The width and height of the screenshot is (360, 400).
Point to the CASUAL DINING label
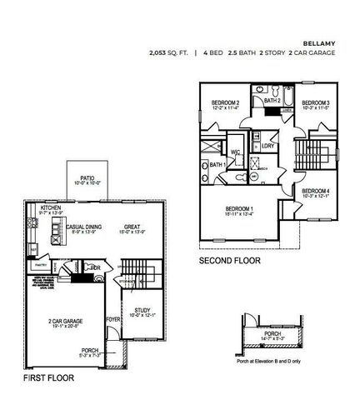pos(85,224)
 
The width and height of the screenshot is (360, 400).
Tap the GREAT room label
pos(132,224)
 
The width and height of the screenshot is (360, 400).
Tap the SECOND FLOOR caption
pos(229,261)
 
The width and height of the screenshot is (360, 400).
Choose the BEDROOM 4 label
pos(316,192)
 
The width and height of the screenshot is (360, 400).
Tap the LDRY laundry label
pos(267,147)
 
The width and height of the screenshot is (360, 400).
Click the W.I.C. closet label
pos(237,152)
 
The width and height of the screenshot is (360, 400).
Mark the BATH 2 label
pos(272,100)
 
